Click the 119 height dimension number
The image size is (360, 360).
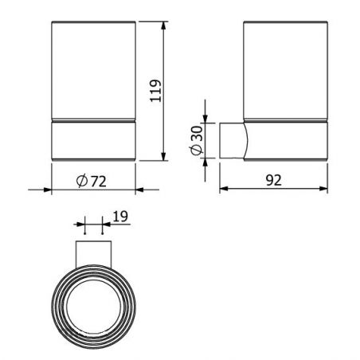[x=155, y=91]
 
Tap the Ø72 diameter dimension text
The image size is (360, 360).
[x=92, y=182]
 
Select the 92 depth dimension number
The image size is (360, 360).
[x=273, y=180]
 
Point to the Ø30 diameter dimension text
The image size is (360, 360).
[x=197, y=140]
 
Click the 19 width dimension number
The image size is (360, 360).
[x=120, y=217]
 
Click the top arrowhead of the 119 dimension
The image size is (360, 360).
[x=163, y=25]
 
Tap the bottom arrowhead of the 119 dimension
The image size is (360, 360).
[x=163, y=157]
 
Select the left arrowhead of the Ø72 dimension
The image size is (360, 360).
[x=47, y=190]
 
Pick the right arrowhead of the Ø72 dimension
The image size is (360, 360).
[x=139, y=190]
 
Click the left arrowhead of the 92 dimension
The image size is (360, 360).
[x=224, y=189]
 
